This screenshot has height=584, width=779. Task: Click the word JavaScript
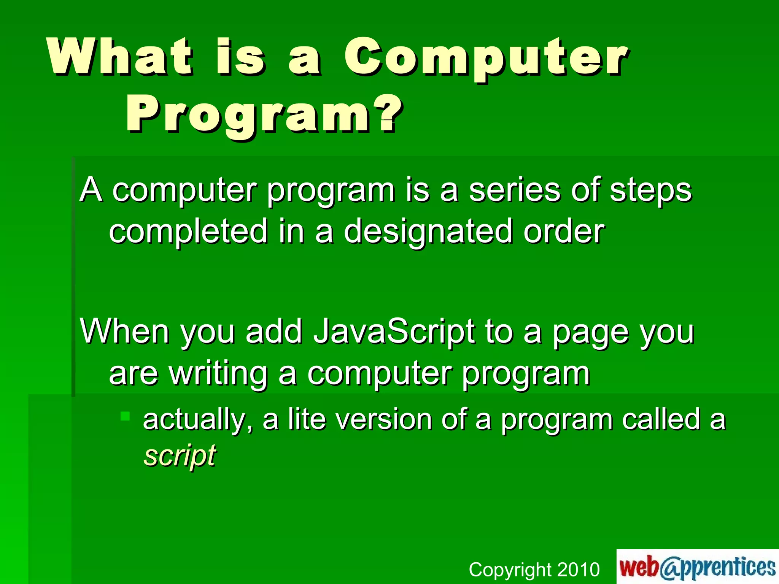[x=394, y=332]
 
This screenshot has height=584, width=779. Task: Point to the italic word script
[x=180, y=455]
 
